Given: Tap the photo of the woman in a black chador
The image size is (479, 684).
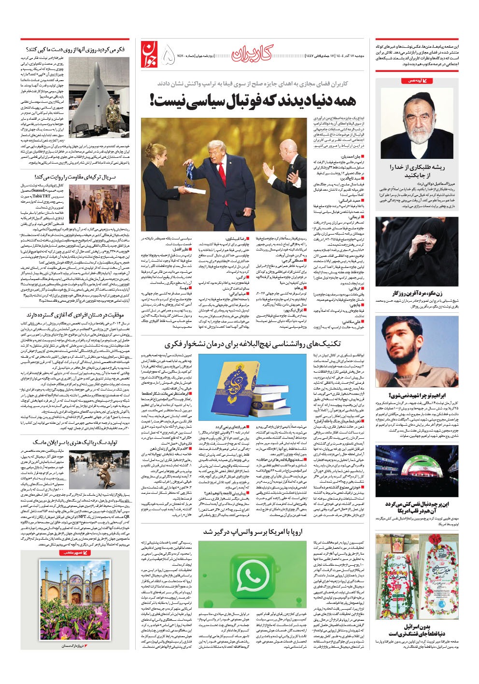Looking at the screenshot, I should pos(418,256).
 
